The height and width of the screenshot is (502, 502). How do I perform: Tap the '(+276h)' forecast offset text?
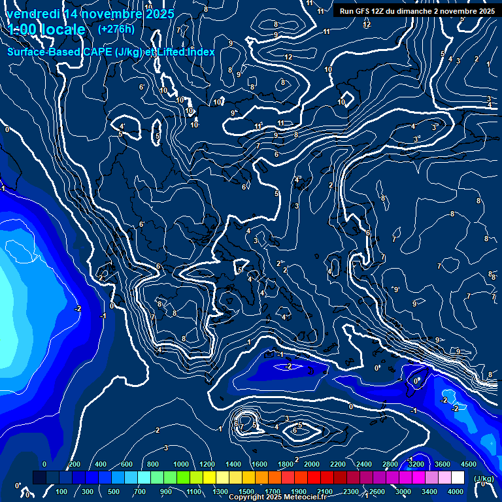[116, 29]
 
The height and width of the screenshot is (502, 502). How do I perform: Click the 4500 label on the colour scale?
[469, 464]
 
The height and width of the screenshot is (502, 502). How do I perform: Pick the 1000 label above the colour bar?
[181, 464]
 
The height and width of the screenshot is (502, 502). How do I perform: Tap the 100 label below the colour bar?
[62, 492]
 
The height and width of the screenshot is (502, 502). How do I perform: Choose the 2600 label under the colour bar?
[377, 492]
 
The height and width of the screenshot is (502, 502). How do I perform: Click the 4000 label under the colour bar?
[456, 492]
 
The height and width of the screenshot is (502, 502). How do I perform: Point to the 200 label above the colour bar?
[74, 464]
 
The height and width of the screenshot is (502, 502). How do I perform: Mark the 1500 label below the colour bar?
[246, 492]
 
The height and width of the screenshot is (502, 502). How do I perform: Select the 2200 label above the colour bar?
[338, 464]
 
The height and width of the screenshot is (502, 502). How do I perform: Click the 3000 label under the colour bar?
[403, 492]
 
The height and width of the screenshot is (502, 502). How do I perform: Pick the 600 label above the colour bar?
[127, 464]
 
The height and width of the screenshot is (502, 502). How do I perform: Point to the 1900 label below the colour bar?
[299, 492]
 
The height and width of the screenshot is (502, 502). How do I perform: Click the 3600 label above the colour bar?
[443, 464]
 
